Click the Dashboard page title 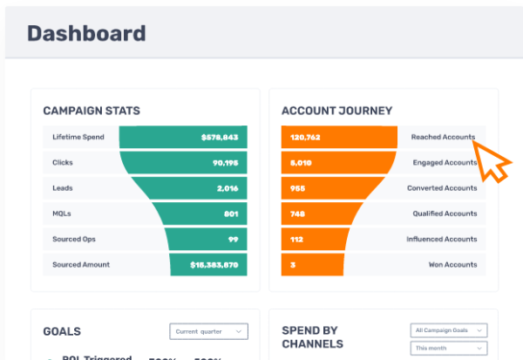pos(86,34)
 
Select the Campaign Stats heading pos(92,111)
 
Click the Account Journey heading pos(336,111)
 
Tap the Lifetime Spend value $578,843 pos(219,138)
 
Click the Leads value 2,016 pos(227,188)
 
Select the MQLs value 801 pos(230,214)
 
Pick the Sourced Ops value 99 pos(234,239)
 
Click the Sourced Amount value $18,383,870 pos(214,264)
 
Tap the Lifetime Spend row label pos(78,138)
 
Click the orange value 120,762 pos(305,138)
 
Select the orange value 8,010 pos(300,163)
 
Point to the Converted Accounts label pos(442,188)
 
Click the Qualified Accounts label pos(445,214)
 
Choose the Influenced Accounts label pos(441,239)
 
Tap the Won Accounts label pos(452,264)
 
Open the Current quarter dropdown pos(208,331)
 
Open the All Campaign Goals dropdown pos(448,331)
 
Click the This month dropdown pos(448,348)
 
